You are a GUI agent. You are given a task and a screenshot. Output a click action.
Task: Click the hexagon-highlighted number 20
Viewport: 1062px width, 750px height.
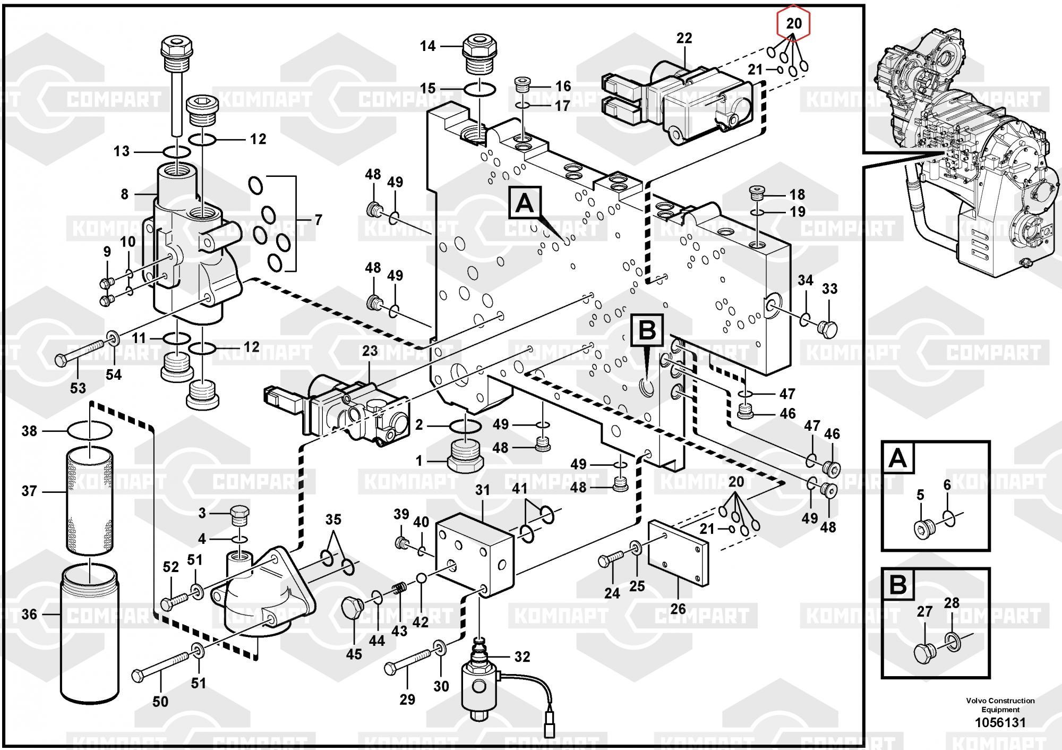pyautogui.click(x=793, y=23)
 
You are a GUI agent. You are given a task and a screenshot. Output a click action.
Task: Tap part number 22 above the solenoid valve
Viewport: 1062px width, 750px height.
pyautogui.click(x=684, y=38)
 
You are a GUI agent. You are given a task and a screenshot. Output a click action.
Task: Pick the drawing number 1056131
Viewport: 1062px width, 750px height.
pyautogui.click(x=1000, y=722)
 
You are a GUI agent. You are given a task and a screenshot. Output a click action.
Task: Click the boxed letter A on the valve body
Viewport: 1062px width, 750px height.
pyautogui.click(x=525, y=203)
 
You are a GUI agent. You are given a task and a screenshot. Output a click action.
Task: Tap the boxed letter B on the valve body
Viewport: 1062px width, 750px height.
pyautogui.click(x=647, y=330)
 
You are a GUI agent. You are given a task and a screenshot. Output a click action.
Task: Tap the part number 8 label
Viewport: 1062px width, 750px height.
pyautogui.click(x=124, y=194)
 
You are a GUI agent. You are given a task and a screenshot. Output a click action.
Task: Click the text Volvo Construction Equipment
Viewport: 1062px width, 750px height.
pyautogui.click(x=1000, y=705)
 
